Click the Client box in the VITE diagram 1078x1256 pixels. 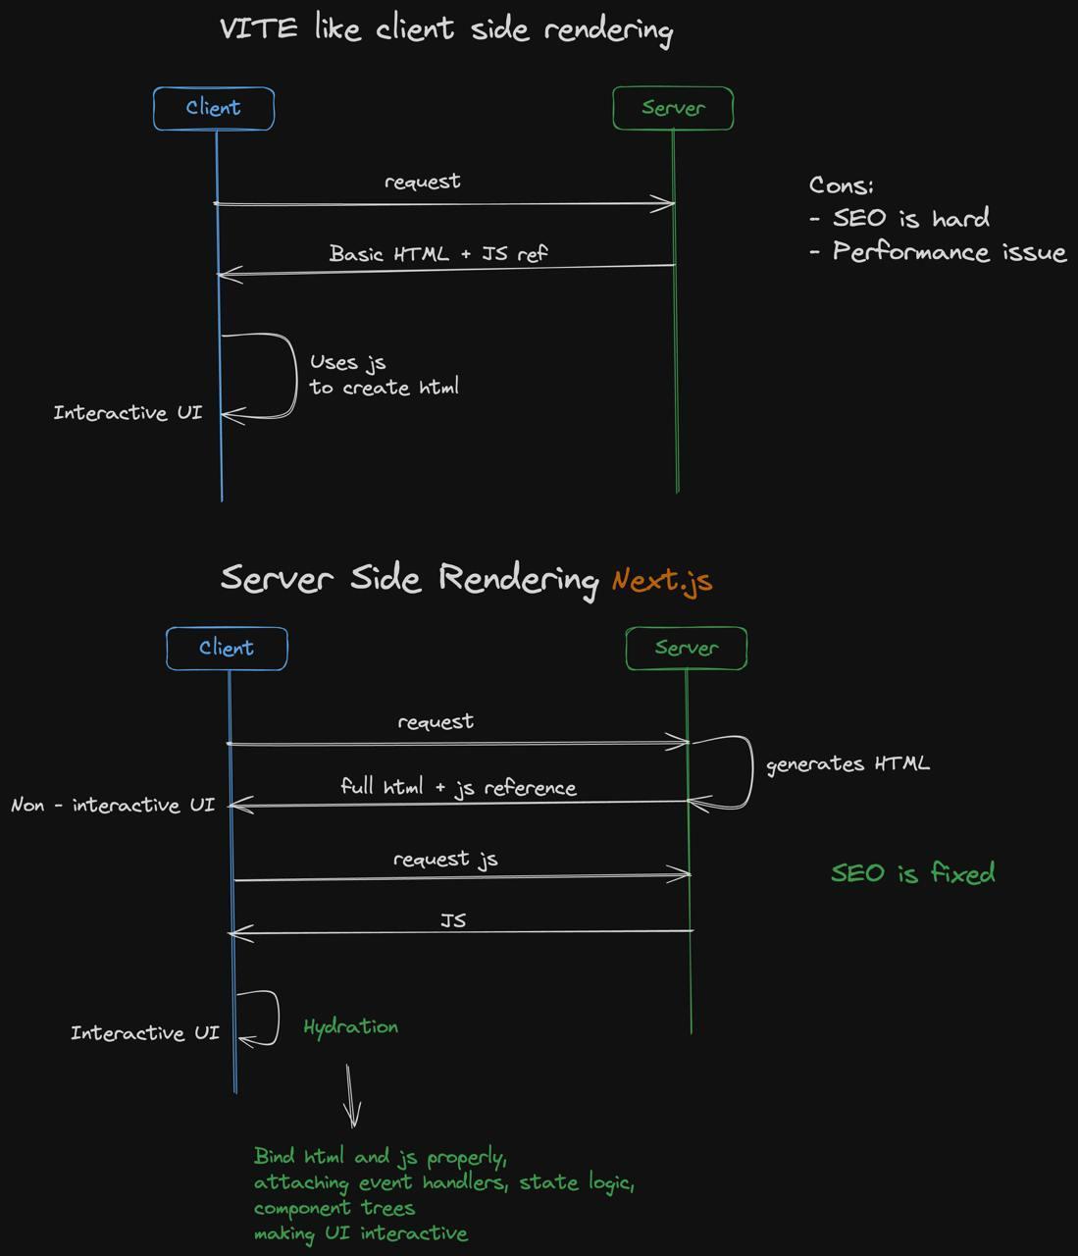tap(213, 108)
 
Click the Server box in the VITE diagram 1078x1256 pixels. tap(673, 108)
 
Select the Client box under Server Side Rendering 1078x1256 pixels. tap(227, 649)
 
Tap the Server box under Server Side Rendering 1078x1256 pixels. tap(687, 649)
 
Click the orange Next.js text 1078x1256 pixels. tap(662, 580)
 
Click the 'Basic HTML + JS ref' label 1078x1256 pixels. tap(438, 253)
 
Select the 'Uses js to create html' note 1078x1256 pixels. tap(384, 375)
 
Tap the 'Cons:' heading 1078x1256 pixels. tap(841, 185)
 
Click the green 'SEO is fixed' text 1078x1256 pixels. tap(912, 872)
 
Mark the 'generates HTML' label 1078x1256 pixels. tap(847, 763)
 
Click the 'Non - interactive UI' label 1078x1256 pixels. tap(113, 805)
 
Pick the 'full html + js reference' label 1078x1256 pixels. tap(458, 787)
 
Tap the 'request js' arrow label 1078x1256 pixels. tap(445, 859)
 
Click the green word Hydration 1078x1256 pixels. tap(350, 1026)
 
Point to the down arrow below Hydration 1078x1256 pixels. tap(351, 1097)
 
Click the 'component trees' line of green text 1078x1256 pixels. tap(334, 1208)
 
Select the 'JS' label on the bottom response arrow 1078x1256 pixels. tap(453, 920)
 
